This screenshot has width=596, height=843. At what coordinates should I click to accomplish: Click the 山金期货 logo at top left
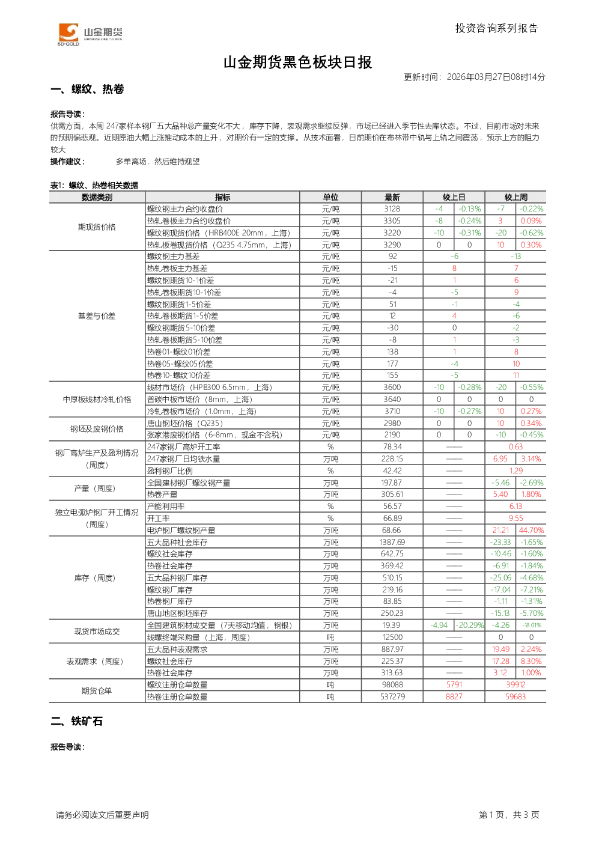(90, 34)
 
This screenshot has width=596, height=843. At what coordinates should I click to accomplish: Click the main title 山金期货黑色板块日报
(297, 62)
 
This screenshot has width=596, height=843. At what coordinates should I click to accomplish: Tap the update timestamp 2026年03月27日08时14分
(496, 77)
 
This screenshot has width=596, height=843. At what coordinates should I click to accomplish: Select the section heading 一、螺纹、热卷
(87, 89)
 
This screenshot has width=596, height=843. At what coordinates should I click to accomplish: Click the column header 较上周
(515, 197)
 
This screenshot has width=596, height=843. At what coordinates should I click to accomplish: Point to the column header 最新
(392, 197)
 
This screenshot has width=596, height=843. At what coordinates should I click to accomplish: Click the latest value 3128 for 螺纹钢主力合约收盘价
(392, 209)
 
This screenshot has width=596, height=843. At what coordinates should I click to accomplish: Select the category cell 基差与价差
(97, 315)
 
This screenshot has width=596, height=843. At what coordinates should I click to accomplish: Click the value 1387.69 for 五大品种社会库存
(392, 542)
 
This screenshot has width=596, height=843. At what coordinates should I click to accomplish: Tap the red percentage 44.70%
(531, 530)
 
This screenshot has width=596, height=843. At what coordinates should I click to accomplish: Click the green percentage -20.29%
(470, 625)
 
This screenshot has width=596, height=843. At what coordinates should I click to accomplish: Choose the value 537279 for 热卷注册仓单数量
(392, 696)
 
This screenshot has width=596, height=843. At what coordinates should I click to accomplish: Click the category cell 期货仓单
(97, 690)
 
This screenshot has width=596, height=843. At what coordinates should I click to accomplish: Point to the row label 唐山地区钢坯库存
(177, 613)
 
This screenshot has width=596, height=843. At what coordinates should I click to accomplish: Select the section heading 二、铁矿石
(76, 721)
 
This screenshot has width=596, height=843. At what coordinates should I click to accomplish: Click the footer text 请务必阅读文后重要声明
(102, 815)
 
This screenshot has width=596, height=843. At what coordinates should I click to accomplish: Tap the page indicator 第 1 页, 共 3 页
(509, 815)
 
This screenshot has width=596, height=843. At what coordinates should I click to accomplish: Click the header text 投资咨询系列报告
(497, 28)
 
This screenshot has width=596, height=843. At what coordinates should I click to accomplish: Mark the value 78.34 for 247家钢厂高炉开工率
(392, 446)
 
